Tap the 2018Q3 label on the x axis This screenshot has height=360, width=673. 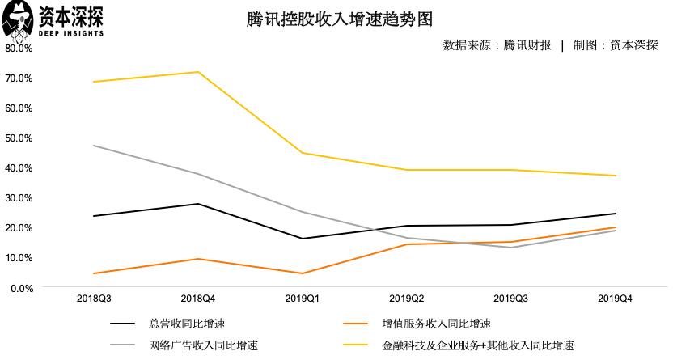point(94,299)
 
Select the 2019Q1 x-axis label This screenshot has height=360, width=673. point(303,299)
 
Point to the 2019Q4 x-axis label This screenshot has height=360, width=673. point(616,299)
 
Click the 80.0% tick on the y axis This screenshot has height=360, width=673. point(19,48)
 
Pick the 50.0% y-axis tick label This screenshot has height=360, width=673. point(19,138)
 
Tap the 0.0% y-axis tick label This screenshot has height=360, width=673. point(21,287)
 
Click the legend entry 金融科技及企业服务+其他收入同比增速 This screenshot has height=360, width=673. point(478,345)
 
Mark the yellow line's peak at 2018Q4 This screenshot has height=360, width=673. point(198,72)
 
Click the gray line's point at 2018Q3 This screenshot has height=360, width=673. point(94,146)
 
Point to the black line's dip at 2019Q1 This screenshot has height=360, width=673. point(303,239)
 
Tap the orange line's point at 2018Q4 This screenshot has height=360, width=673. point(198,259)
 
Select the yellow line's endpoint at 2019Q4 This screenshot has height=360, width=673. point(616,176)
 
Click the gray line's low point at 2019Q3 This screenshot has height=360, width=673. point(511,248)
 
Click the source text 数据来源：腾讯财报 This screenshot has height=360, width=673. point(497,45)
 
